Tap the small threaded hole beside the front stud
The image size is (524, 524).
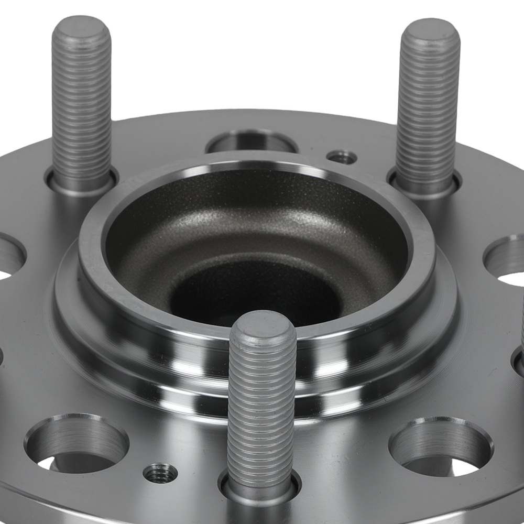160,473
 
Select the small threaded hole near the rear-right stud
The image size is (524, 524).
342,157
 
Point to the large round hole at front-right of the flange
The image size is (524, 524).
440,444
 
